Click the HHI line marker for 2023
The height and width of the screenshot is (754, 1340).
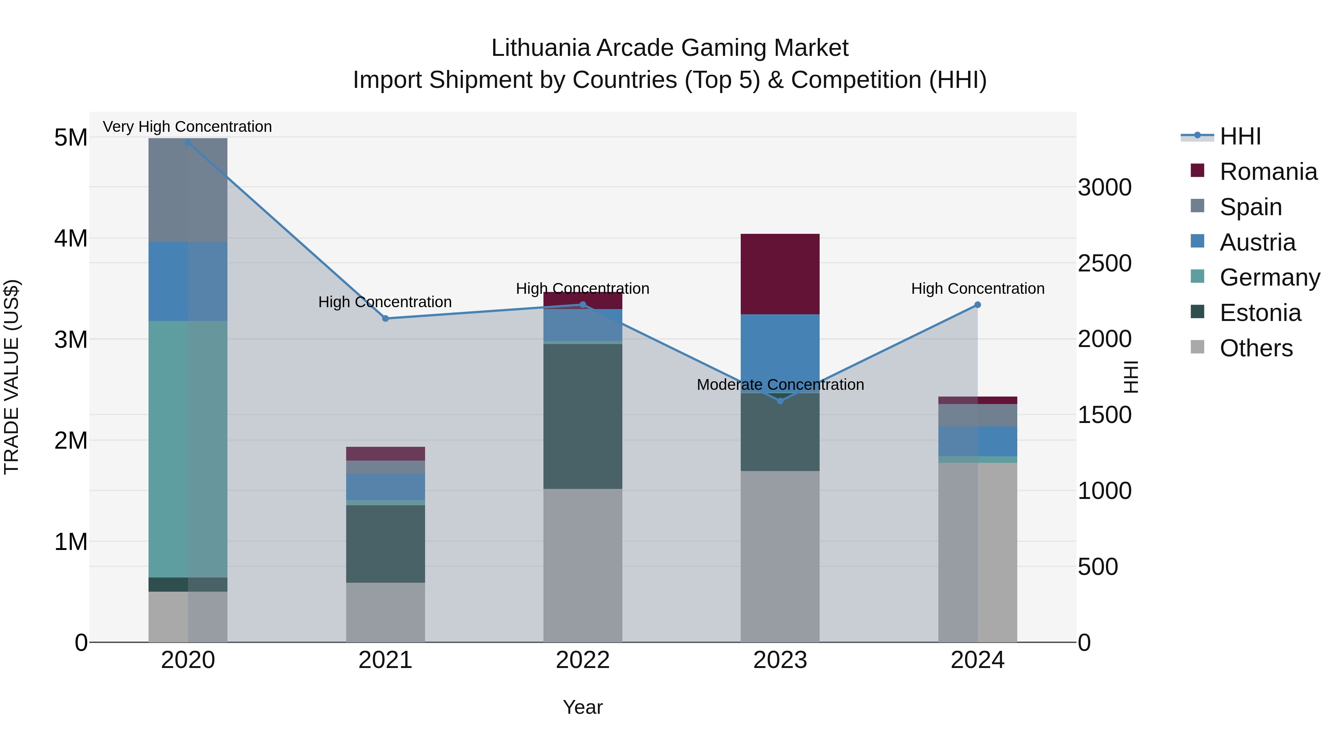tap(780, 401)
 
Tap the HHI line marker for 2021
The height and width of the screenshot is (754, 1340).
tap(386, 318)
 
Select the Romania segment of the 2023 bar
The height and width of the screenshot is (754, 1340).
tap(780, 274)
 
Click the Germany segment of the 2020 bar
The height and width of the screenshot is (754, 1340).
tap(188, 449)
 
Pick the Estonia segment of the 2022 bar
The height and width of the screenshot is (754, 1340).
tap(583, 416)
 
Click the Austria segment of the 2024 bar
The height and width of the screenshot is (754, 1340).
tap(977, 441)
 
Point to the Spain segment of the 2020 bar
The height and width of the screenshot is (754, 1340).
tap(188, 190)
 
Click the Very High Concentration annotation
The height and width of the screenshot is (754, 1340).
tap(187, 127)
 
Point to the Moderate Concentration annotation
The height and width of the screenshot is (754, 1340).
tap(780, 385)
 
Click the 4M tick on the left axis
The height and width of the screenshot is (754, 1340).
tap(71, 238)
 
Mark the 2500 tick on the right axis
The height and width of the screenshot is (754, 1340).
tap(1104, 263)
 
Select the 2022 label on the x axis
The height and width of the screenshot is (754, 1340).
tap(583, 660)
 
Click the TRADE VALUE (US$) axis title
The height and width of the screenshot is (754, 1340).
tap(12, 377)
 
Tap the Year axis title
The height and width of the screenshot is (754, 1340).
tap(583, 707)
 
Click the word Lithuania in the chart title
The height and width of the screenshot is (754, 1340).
tap(540, 48)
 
